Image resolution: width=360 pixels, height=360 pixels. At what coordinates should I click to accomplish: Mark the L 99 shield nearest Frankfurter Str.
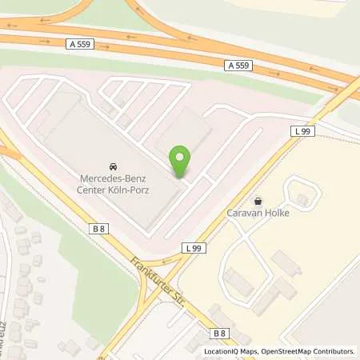click(x=195, y=249)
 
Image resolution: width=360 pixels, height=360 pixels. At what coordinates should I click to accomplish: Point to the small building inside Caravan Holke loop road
click(x=302, y=198)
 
